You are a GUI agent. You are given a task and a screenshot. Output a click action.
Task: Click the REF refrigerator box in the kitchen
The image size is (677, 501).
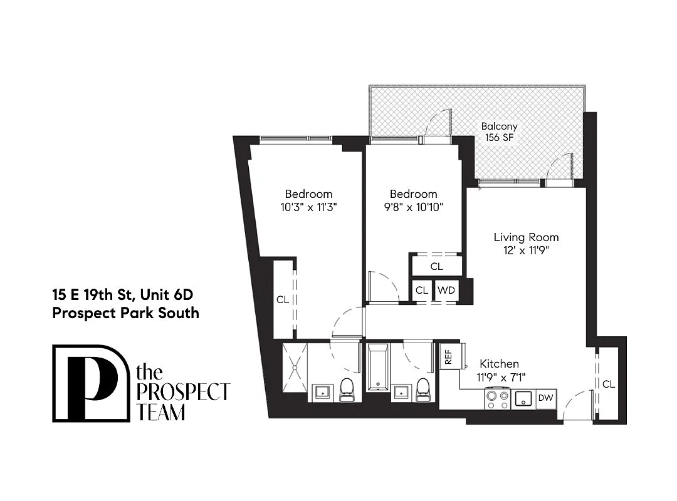[448, 357]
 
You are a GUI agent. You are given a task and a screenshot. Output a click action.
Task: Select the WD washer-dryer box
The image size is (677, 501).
[446, 291]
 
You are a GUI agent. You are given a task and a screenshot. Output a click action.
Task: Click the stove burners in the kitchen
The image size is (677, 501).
[497, 398]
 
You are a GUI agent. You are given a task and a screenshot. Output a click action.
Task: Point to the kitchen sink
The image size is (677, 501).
[523, 398]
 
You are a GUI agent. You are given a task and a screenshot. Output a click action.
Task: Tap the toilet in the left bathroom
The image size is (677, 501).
[347, 390]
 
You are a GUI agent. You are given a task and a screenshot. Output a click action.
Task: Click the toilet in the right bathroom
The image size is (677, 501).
[423, 390]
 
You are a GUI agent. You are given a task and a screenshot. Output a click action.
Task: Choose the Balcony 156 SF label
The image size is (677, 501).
[499, 132]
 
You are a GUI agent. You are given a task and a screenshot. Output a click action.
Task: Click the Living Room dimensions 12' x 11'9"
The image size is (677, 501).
[526, 250]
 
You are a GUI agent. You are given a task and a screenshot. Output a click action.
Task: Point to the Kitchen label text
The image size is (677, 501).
[499, 364]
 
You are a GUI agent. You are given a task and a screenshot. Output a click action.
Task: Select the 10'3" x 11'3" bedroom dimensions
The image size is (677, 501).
[308, 207]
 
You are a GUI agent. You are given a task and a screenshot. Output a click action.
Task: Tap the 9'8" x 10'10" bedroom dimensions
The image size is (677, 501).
[413, 207]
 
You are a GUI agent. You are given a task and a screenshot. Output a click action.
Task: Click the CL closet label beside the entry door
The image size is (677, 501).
[607, 384]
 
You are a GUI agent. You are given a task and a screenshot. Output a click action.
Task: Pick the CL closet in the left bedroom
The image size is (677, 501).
[283, 300]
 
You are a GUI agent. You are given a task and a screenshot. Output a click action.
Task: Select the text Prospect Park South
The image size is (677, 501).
[125, 312]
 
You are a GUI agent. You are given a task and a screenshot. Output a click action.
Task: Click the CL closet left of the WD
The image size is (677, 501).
[422, 291]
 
